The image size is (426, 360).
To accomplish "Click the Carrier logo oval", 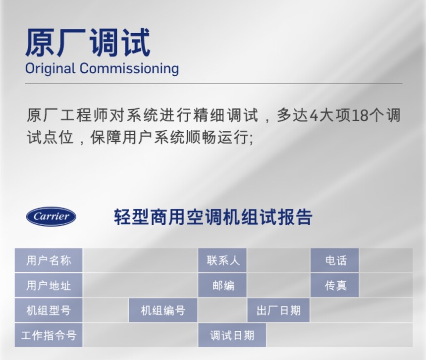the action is click(51, 216).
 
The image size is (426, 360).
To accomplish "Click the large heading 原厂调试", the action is click(88, 43).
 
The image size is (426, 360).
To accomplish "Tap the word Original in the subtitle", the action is click(50, 68).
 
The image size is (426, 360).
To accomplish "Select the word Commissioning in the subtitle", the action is click(129, 68).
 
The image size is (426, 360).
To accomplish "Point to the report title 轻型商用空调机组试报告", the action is click(213, 217).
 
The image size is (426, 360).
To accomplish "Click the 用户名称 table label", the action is click(49, 260).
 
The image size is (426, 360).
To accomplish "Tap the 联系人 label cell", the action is click(222, 260).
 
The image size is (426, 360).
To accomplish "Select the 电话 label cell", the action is click(335, 260).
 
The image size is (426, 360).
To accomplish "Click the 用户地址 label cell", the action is click(49, 285).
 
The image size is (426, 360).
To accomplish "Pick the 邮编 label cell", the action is click(222, 285).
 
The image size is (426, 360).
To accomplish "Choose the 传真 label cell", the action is click(335, 285).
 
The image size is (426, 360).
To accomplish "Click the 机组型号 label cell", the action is click(49, 310).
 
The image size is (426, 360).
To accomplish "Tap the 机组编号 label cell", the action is click(163, 310).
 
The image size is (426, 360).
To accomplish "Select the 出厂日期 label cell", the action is click(278, 310).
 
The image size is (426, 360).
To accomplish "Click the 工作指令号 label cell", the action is click(49, 335).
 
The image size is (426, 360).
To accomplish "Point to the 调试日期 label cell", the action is click(232, 335).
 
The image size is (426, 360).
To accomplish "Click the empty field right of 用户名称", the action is click(140, 260).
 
